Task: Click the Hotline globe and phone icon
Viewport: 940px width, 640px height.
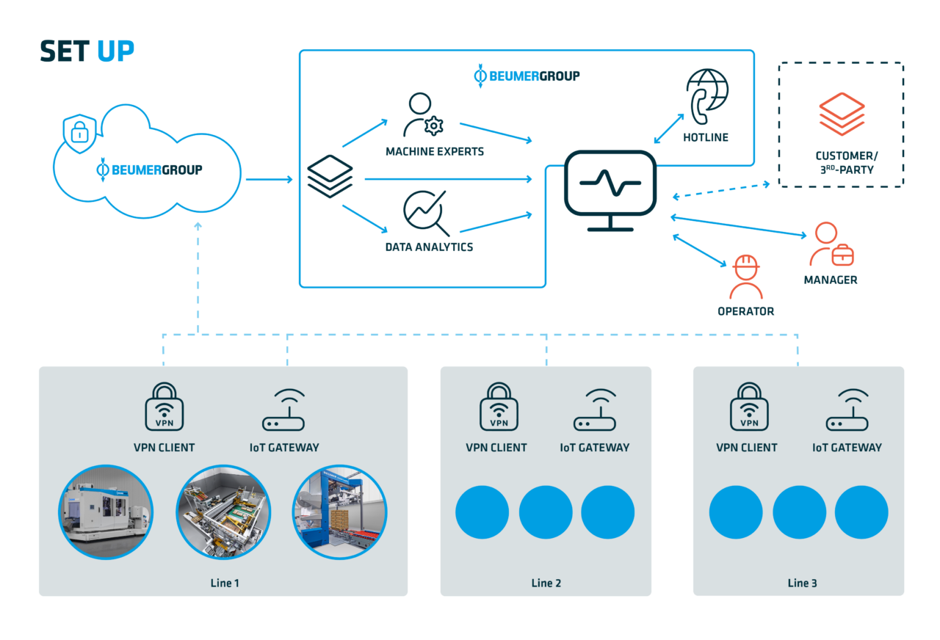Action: click(x=706, y=96)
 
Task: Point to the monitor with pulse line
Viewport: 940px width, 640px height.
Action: click(x=610, y=191)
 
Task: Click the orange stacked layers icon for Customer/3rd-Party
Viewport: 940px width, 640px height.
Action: click(x=842, y=114)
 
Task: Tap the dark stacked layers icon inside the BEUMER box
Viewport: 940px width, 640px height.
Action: click(x=330, y=176)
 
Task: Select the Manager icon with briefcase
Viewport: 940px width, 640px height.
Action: click(x=831, y=244)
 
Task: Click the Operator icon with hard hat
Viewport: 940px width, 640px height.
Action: click(x=745, y=277)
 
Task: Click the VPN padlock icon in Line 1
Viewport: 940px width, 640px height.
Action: click(x=164, y=407)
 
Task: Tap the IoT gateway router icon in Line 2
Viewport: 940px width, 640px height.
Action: click(x=595, y=410)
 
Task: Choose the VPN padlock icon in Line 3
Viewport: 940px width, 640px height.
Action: click(x=749, y=407)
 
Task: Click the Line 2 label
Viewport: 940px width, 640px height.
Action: click(x=546, y=583)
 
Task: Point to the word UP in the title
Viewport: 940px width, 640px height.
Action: click(x=115, y=51)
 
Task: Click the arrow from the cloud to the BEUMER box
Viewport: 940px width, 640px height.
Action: click(x=269, y=180)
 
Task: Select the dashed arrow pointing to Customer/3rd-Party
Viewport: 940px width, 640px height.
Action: click(x=721, y=190)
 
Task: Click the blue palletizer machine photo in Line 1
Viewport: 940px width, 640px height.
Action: click(x=339, y=512)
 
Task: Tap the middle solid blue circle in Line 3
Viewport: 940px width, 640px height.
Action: click(x=799, y=512)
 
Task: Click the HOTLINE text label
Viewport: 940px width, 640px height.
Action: click(x=706, y=137)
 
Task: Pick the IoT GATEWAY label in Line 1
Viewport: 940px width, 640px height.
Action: click(x=284, y=448)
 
